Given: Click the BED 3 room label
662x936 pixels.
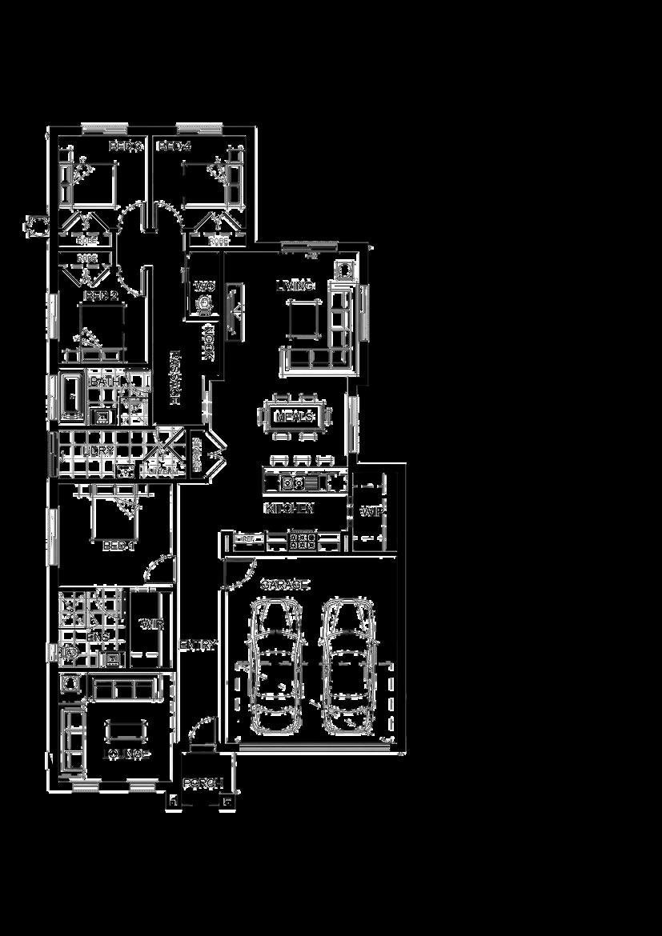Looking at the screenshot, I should tap(126, 146).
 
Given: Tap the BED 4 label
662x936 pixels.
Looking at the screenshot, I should tap(175, 146).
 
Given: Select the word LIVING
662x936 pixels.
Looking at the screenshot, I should tap(295, 286).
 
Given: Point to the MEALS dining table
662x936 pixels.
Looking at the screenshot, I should tap(293, 417).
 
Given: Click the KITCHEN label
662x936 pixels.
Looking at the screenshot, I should tap(289, 508).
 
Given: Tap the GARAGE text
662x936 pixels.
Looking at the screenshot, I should tap(284, 586).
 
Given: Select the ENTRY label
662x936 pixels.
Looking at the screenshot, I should tap(198, 645).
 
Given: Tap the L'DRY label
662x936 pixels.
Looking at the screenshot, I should tap(98, 452).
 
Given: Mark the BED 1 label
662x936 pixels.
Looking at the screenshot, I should tap(119, 546).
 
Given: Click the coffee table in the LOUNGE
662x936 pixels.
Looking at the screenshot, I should tap(126, 730).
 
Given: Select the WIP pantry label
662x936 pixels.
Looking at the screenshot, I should tap(370, 512).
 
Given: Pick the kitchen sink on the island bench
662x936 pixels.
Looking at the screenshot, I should tap(293, 483).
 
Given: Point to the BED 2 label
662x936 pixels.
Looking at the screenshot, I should tap(101, 296).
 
